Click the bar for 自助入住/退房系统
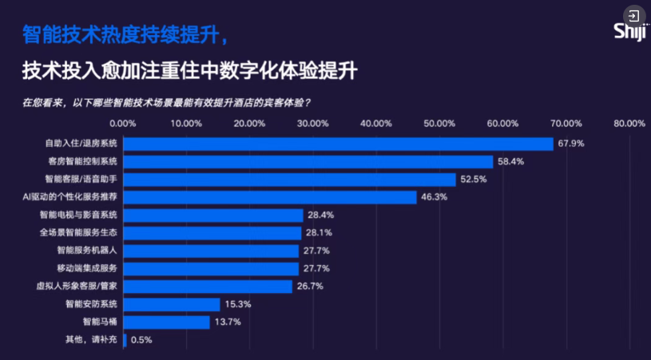point(338,144)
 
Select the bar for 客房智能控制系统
point(308,161)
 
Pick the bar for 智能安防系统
point(171,304)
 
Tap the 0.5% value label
point(141,340)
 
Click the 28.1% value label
point(318,233)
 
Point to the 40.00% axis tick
point(376,124)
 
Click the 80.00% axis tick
point(629,124)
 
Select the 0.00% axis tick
point(122,124)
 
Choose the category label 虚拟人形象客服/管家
point(77,286)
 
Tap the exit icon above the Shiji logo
point(633,15)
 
